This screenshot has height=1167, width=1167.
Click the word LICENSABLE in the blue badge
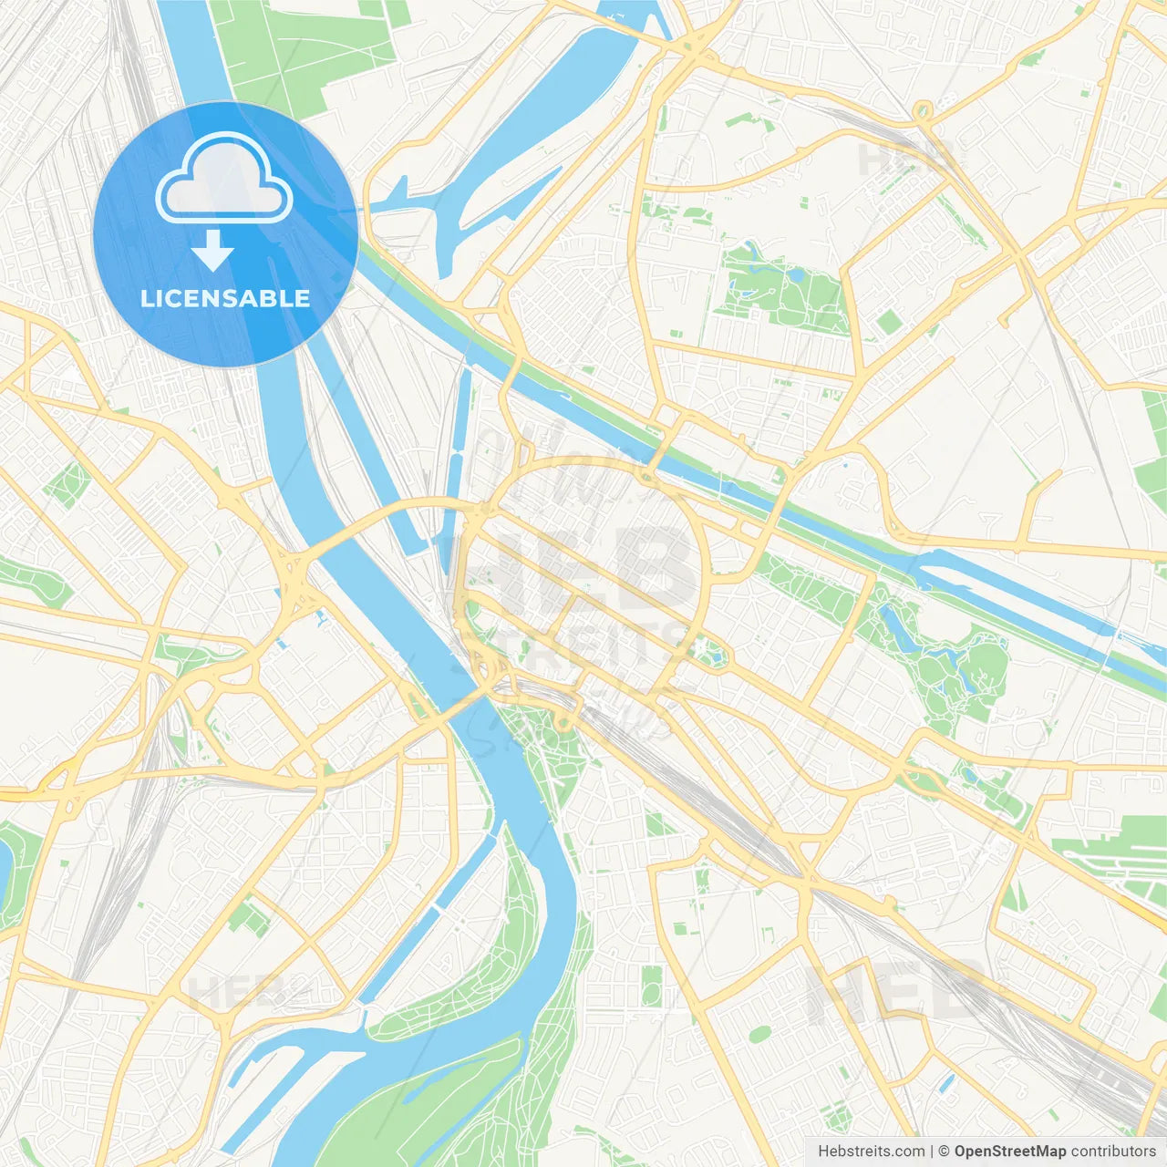tap(225, 298)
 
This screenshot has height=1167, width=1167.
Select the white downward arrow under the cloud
tap(212, 251)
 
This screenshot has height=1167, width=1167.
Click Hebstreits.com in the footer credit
tap(871, 1152)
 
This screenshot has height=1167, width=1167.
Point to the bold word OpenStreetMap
tap(1010, 1152)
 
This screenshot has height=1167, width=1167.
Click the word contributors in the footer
tap(1113, 1152)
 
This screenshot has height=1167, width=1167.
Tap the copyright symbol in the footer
tap(945, 1152)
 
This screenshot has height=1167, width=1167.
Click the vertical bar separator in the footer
tap(931, 1152)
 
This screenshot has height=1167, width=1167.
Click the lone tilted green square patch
tap(889, 321)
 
